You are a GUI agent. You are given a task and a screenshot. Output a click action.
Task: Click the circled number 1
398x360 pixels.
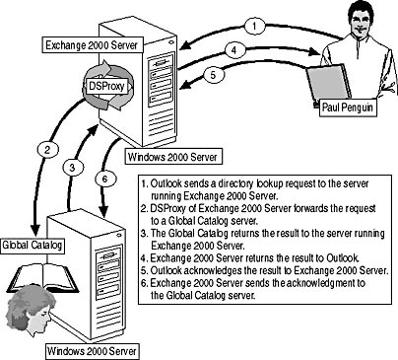pyautogui.click(x=254, y=26)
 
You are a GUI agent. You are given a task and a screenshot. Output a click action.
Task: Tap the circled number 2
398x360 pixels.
pyautogui.click(x=48, y=150)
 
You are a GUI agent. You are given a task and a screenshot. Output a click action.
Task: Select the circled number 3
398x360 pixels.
pyautogui.click(x=72, y=168)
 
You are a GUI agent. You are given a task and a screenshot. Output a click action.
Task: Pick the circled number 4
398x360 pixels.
pyautogui.click(x=233, y=50)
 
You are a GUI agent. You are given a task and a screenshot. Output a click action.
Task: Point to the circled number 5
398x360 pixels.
pyautogui.click(x=213, y=75)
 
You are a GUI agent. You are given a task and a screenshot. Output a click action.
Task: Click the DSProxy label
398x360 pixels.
pyautogui.click(x=106, y=86)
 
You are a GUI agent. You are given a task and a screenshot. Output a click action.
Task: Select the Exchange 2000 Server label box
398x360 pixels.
pyautogui.click(x=93, y=45)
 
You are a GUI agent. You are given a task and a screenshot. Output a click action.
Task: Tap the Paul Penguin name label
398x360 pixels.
pyautogui.click(x=348, y=108)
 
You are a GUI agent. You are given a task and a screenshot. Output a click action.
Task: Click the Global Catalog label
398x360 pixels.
pyautogui.click(x=33, y=246)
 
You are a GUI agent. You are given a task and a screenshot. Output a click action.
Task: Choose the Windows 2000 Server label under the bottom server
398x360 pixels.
pyautogui.click(x=92, y=351)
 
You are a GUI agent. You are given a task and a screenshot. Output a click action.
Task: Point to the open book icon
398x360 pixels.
pyautogui.click(x=43, y=278)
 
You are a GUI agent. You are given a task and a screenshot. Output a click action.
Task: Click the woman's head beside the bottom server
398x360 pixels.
pyautogui.click(x=31, y=313)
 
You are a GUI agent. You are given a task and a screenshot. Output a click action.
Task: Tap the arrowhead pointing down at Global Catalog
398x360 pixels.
pyautogui.click(x=34, y=229)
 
